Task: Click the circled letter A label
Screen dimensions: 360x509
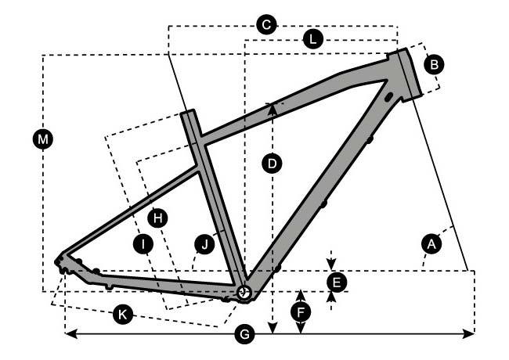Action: pos(429,244)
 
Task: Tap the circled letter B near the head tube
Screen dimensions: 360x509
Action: pos(434,64)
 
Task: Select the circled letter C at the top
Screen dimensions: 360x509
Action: pos(265,25)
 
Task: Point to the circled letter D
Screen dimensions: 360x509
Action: pos(271,164)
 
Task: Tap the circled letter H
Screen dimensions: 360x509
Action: pos(158,217)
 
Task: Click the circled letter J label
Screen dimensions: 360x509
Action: pos(204,245)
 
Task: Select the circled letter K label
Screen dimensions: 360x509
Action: pos(121,315)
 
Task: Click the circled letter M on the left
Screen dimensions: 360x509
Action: pos(44,139)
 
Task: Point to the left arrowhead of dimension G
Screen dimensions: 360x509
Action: pos(67,334)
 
